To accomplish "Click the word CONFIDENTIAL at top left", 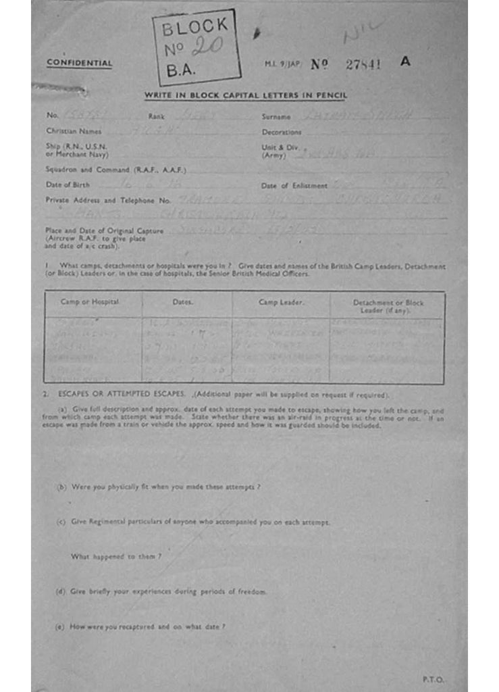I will click(79, 64).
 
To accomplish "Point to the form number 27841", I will click(363, 64).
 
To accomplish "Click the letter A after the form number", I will click(405, 61).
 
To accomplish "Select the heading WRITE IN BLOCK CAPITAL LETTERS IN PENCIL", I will click(245, 95).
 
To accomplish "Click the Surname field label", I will click(276, 117).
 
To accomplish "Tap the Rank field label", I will click(156, 117).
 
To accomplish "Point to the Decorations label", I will click(282, 132).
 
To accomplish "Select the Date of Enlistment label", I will click(294, 185).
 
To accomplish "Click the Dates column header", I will click(182, 302).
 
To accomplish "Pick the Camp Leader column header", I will click(281, 302).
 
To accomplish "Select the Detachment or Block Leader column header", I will click(388, 306).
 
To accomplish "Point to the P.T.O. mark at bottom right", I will click(434, 680).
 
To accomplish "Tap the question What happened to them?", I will click(116, 557).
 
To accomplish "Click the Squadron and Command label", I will click(115, 169).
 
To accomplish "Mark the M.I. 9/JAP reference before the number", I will click(283, 64).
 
